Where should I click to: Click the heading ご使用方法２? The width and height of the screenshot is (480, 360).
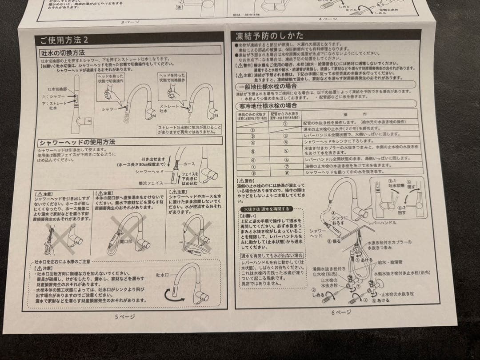(x=64, y=40)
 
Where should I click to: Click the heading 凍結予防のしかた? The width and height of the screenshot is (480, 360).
(x=270, y=36)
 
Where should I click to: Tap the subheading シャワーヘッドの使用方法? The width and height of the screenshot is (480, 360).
(x=76, y=142)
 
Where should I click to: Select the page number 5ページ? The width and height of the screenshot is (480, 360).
(x=124, y=316)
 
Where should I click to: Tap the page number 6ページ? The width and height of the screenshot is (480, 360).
(x=341, y=312)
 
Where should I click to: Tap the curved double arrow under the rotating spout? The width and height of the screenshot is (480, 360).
(x=179, y=294)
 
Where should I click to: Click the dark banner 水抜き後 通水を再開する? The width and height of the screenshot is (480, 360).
(x=265, y=208)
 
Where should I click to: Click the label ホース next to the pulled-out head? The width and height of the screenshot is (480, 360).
(x=189, y=164)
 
